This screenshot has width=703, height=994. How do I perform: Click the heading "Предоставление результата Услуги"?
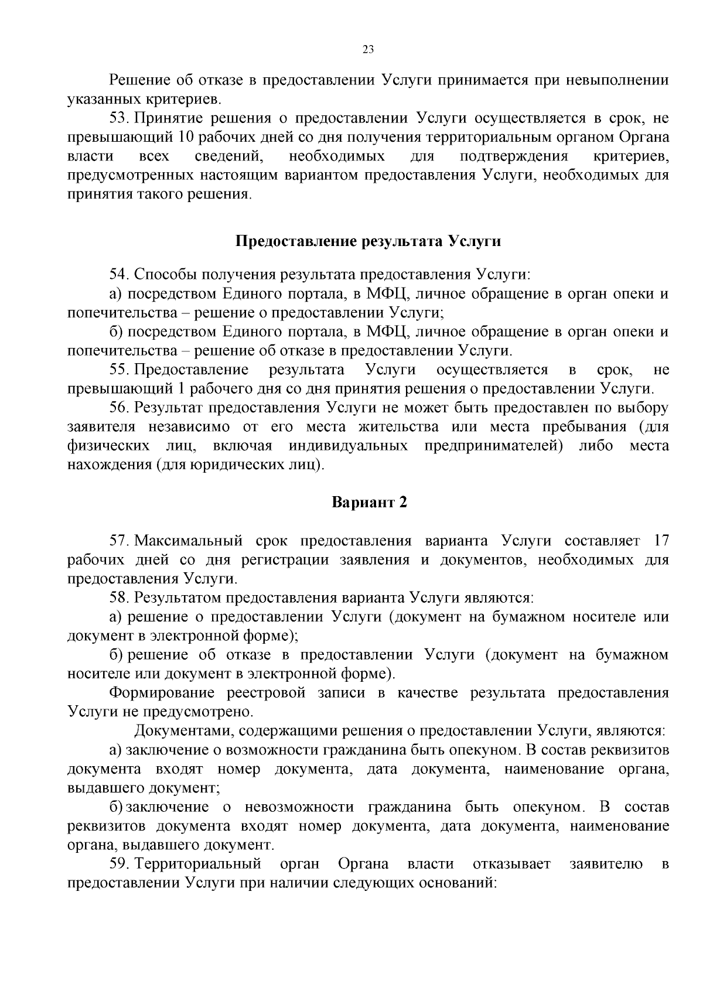click(x=368, y=241)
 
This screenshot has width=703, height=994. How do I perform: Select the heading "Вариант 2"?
click(x=369, y=503)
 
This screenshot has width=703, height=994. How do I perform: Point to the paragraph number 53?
click(x=118, y=119)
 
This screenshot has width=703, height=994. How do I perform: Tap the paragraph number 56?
click(x=119, y=408)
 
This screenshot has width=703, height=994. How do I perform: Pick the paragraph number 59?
click(x=118, y=864)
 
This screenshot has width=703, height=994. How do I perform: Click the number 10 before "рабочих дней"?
click(x=182, y=138)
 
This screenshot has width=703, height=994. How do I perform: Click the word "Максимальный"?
click(x=189, y=540)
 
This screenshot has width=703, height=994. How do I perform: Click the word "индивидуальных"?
click(x=349, y=446)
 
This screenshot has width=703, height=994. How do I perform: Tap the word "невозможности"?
click(x=299, y=807)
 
